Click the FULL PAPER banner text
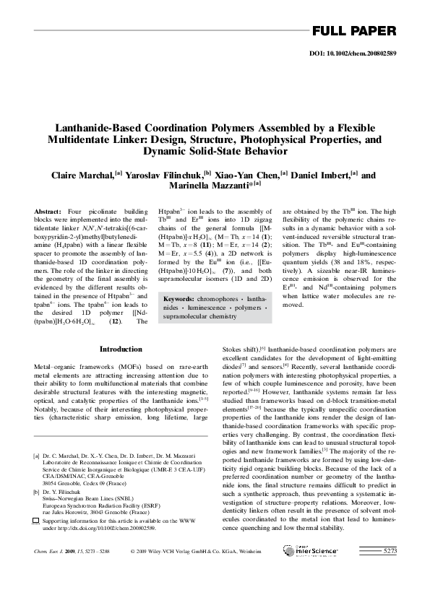point(353,30)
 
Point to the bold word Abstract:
point(48,210)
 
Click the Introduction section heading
point(121,349)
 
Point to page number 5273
point(390,571)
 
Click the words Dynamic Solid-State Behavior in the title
point(215,151)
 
